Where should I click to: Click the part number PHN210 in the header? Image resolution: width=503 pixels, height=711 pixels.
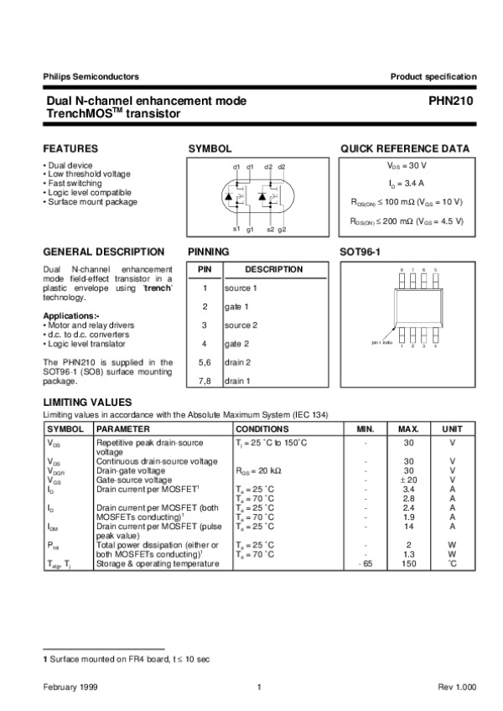pyautogui.click(x=459, y=101)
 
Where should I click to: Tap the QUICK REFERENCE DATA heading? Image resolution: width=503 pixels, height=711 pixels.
pyautogui.click(x=404, y=148)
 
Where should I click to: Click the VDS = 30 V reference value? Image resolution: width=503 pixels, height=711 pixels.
pyautogui.click(x=407, y=167)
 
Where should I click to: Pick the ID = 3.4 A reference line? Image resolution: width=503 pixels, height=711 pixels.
pyautogui.click(x=407, y=183)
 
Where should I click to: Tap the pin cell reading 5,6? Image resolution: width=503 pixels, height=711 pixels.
pyautogui.click(x=205, y=362)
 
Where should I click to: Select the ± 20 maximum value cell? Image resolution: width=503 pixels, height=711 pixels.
pyautogui.click(x=409, y=480)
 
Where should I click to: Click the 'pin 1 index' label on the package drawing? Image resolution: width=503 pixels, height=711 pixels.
pyautogui.click(x=382, y=343)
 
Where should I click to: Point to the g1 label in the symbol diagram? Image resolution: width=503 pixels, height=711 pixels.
pyautogui.click(x=250, y=229)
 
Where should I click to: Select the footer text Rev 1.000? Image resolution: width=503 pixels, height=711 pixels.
pyautogui.click(x=457, y=688)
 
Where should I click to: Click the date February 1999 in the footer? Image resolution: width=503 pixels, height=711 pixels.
pyautogui.click(x=71, y=688)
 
